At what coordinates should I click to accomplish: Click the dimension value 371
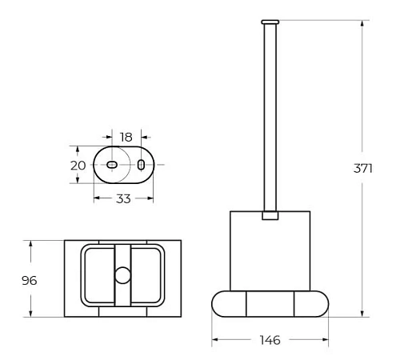[x=366, y=169]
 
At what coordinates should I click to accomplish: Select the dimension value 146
[x=270, y=340]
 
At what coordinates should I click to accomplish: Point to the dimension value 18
[x=126, y=137]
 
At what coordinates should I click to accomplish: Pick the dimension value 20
[x=78, y=165]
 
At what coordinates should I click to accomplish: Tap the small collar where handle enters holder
[x=270, y=214]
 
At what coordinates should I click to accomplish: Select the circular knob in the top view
[x=122, y=277]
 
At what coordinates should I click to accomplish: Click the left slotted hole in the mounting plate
[x=111, y=165]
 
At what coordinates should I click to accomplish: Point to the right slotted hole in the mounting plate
[x=141, y=165]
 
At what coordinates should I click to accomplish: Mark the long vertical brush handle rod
[x=270, y=112]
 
